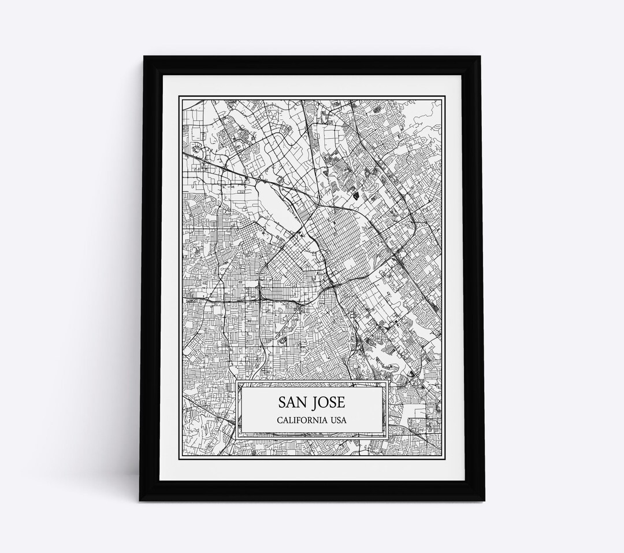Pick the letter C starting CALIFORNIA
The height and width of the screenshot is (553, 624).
[280, 419]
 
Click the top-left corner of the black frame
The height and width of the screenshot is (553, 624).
[138, 56]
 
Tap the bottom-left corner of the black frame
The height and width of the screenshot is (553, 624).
[138, 501]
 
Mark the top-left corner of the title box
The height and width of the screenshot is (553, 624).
[237, 382]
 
